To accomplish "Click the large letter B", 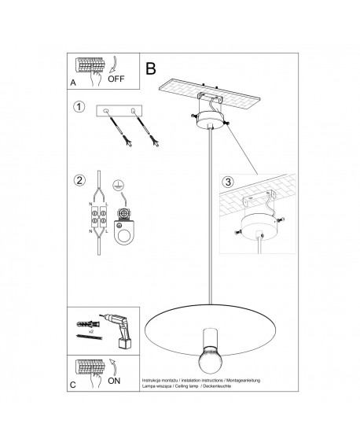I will (x=152, y=67).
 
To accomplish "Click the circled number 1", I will (x=79, y=107).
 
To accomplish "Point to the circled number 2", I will (x=79, y=179).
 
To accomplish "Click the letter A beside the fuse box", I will (x=73, y=81).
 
